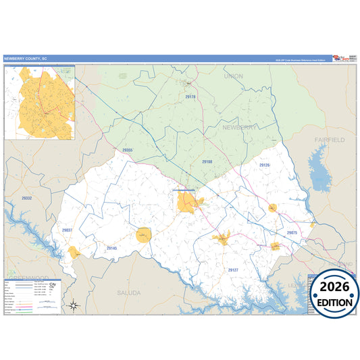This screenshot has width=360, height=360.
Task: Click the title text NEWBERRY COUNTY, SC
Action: coord(26,59)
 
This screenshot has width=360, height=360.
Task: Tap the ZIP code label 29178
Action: coord(190,97)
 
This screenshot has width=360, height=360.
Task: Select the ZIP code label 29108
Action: coord(207,162)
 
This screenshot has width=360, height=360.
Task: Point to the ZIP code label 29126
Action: coord(265,165)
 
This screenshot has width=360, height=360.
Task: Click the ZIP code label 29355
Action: coord(128,150)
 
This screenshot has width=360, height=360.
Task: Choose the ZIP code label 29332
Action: coord(26,198)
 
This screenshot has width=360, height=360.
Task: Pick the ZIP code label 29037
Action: coord(67,230)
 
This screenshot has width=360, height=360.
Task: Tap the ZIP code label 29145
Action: coord(111,249)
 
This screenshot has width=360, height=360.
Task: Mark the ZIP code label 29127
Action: coord(233,269)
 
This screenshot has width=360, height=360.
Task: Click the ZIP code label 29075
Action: coord(292,232)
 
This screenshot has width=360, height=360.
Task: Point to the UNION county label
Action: coord(233,76)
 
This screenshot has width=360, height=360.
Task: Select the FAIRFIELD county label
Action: coord(329,139)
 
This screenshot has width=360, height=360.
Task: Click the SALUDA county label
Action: coord(128,292)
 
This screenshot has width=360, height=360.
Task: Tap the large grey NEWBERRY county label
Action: coord(240,127)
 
